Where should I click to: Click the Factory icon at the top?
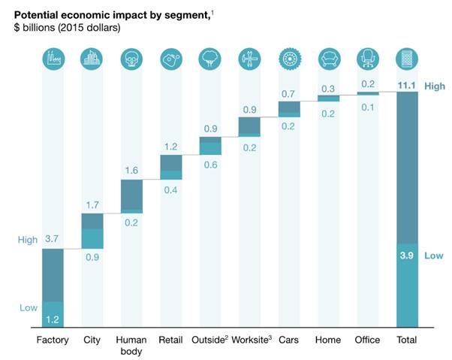(53, 59)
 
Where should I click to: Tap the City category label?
(92, 340)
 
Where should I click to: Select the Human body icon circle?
(131, 59)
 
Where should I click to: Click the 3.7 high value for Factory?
(53, 238)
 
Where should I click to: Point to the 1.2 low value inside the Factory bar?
(53, 319)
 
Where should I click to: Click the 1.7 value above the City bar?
(92, 204)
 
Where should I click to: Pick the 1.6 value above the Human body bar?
(131, 171)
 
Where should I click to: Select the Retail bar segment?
(170, 167)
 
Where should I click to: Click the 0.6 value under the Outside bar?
(209, 165)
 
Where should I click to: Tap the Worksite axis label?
(249, 340)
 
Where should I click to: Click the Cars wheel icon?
(288, 59)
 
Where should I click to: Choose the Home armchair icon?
(327, 59)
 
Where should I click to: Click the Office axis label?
(367, 340)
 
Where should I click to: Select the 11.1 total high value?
(408, 86)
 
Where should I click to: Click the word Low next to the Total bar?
(433, 256)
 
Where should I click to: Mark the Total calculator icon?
(406, 59)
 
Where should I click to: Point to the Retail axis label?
(170, 340)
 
